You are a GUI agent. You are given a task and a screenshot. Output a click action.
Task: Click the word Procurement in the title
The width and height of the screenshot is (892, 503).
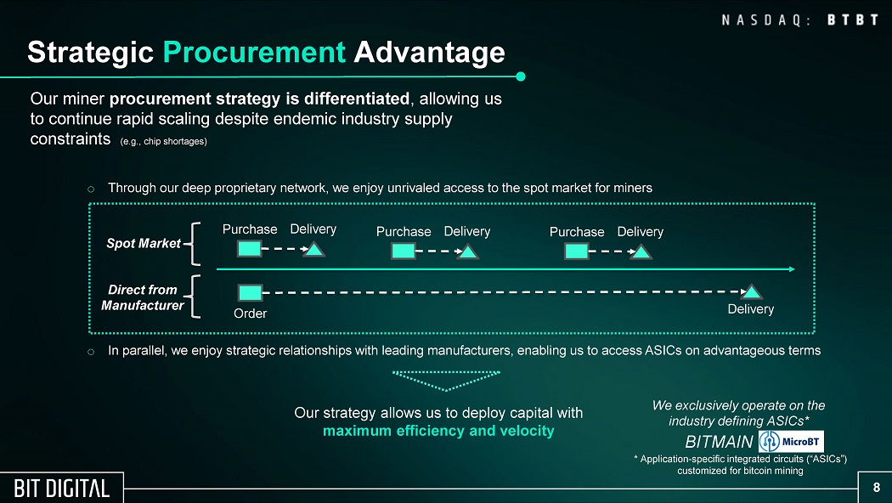(254, 53)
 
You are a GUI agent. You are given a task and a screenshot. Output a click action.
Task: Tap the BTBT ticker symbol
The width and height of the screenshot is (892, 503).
(853, 20)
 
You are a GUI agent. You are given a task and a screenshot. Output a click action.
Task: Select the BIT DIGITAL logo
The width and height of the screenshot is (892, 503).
(61, 489)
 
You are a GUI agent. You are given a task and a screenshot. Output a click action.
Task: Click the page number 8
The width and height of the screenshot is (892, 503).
(876, 487)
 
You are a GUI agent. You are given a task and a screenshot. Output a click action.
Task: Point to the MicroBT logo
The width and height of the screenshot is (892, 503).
(791, 442)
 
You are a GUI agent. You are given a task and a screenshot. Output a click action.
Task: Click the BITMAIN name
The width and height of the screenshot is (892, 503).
(719, 442)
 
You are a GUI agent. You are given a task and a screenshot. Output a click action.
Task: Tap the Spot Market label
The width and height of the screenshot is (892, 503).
(144, 244)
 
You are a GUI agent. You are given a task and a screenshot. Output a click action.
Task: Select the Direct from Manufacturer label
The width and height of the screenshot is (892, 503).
(142, 297)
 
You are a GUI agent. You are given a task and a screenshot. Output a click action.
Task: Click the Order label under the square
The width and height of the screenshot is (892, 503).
(251, 314)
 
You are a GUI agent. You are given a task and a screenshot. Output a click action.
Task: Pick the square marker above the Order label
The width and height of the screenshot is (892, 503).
(250, 293)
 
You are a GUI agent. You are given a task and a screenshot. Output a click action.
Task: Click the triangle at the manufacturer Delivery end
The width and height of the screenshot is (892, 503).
(752, 292)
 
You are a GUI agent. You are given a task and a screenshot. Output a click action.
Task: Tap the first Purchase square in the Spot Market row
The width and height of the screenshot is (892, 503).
(249, 249)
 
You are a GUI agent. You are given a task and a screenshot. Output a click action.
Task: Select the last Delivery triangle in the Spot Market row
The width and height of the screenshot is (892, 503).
(641, 251)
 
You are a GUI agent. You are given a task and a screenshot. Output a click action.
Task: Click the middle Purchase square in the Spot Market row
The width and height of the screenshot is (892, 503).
(404, 251)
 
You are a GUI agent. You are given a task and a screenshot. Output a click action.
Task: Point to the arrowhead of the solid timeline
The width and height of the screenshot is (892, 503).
(791, 269)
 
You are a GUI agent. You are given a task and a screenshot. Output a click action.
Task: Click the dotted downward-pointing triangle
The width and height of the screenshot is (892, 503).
(447, 381)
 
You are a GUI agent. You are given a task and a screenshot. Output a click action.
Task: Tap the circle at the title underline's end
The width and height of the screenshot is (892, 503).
(520, 76)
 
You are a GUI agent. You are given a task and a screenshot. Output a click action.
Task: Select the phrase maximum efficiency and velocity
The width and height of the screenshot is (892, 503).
(438, 431)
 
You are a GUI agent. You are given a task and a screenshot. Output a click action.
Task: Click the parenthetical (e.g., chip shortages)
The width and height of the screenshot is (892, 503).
(164, 142)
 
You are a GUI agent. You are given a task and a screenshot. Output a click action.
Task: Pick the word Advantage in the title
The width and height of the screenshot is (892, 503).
(430, 53)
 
